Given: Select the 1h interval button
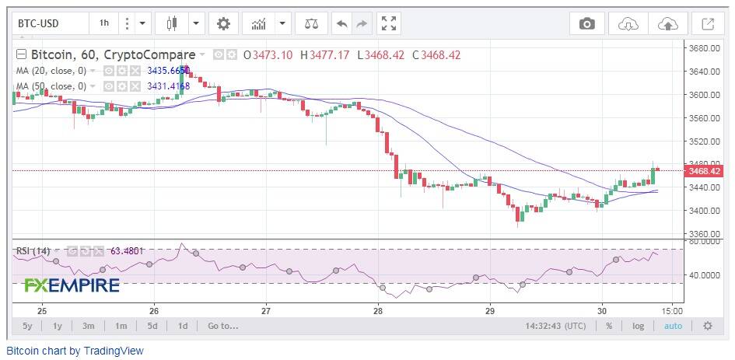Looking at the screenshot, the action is (x=103, y=23).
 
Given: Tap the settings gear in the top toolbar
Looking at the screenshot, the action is (x=223, y=23).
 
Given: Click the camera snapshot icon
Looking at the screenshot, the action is (x=587, y=23).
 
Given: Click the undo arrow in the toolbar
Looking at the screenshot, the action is (x=341, y=23).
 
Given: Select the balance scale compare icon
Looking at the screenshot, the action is (x=311, y=23).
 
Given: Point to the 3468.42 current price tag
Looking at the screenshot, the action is (x=704, y=171).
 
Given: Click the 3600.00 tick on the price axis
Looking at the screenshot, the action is (x=705, y=95).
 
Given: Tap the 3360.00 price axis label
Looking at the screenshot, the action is (x=705, y=233).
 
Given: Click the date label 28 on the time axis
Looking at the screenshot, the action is (x=378, y=311).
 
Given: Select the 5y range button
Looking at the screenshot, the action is (x=27, y=326).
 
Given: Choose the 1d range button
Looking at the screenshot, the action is (x=183, y=326).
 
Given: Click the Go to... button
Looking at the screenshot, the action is (x=223, y=326).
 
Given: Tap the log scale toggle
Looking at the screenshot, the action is (x=638, y=326).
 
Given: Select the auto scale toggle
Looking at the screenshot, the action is (x=673, y=326).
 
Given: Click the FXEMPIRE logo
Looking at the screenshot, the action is (x=72, y=285).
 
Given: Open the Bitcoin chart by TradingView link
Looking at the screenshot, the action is (x=75, y=351).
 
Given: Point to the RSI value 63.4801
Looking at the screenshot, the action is (x=127, y=251).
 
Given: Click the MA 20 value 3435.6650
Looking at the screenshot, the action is (x=168, y=71).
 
